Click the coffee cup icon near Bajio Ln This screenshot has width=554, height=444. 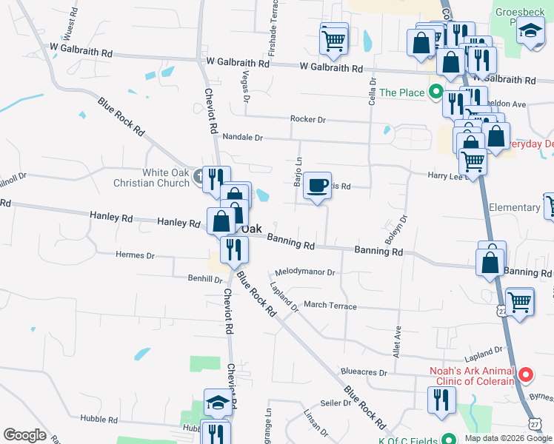[318, 186]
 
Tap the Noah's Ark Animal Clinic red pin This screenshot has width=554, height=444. [526, 375]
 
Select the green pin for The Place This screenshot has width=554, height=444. [436, 92]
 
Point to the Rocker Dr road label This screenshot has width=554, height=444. [308, 119]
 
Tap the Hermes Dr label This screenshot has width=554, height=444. [136, 255]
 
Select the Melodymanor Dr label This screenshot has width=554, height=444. [305, 272]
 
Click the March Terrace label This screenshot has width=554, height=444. [330, 306]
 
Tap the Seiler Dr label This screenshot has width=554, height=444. [336, 403]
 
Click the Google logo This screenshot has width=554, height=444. [25, 435]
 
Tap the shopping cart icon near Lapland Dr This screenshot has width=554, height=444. [521, 301]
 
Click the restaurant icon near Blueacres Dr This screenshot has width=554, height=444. [441, 400]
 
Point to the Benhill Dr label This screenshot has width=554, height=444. [206, 279]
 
